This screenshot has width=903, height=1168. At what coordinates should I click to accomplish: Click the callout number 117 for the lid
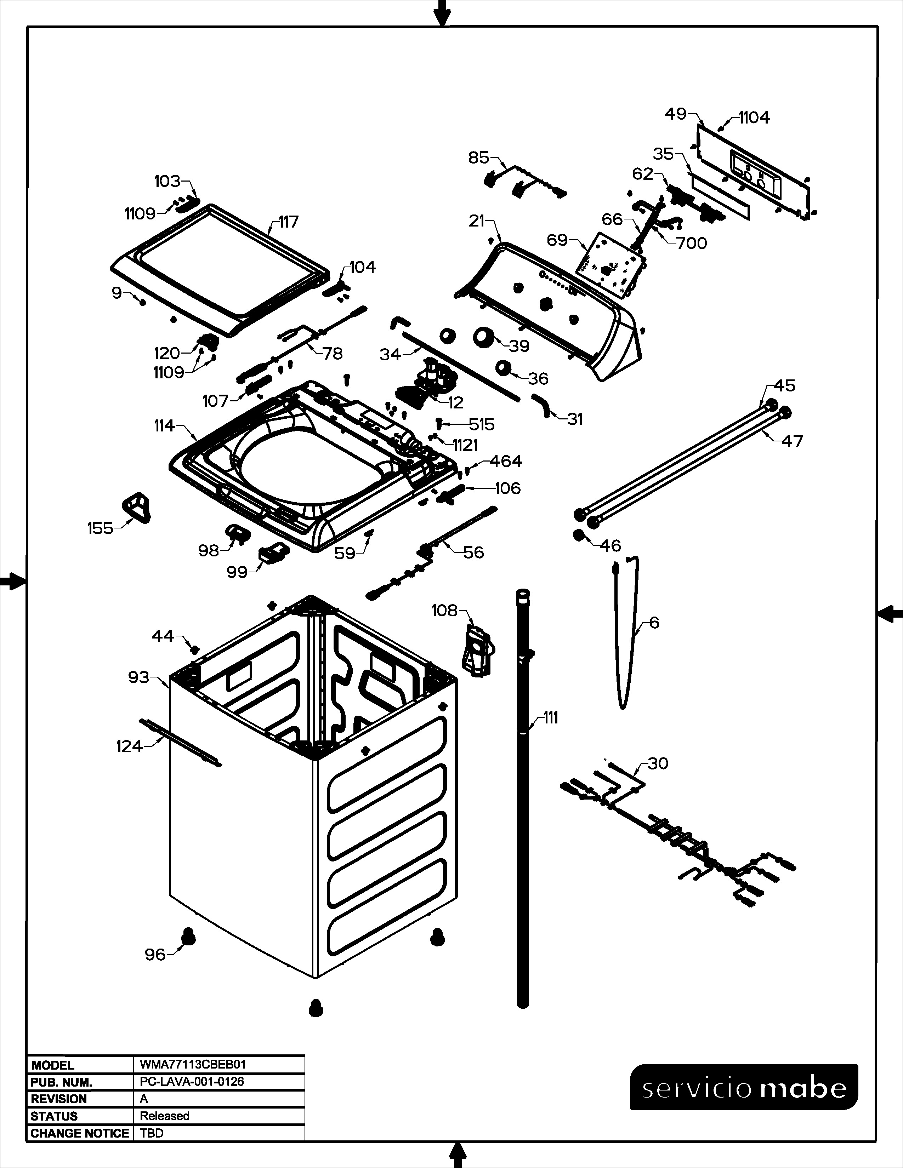point(289,222)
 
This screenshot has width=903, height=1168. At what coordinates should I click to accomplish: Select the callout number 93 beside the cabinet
point(138,677)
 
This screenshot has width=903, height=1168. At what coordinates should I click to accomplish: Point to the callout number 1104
point(754,118)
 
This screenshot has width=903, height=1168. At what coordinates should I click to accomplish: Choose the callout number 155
point(101,528)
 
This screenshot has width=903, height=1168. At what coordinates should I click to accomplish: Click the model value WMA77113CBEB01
point(193,1064)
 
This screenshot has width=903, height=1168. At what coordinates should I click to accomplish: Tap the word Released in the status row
point(165,1116)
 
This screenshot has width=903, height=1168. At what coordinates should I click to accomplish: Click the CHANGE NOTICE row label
point(80,1133)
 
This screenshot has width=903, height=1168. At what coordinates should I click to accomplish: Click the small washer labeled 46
point(579,535)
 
